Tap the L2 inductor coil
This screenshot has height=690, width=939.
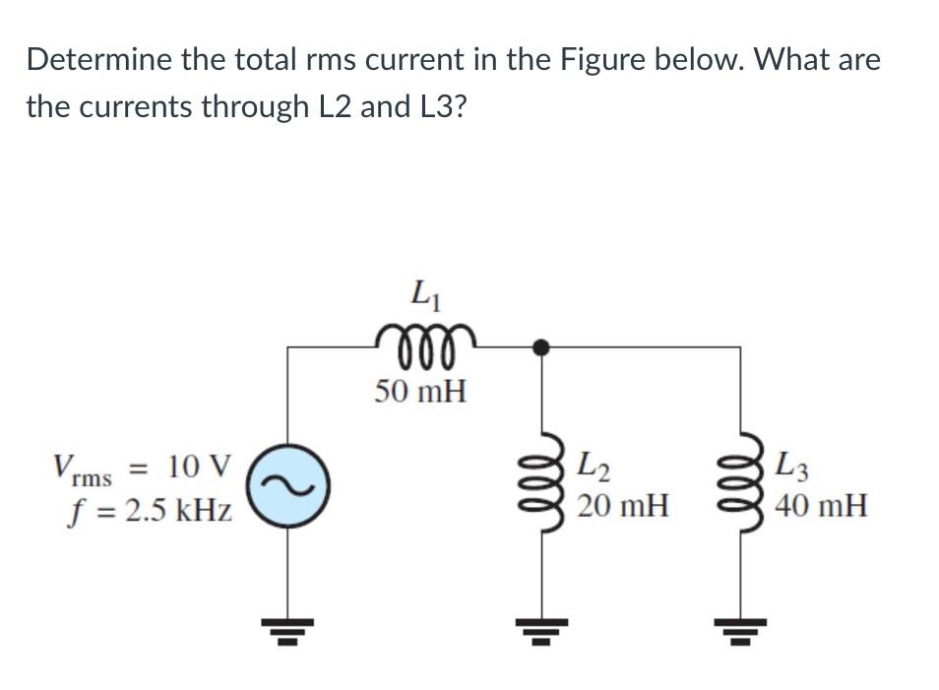coord(540,484)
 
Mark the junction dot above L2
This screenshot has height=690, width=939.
coord(540,346)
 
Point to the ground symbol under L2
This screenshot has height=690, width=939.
coord(540,625)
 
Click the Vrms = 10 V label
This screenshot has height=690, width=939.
coord(144,466)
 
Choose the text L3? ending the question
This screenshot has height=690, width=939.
coord(434,106)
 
